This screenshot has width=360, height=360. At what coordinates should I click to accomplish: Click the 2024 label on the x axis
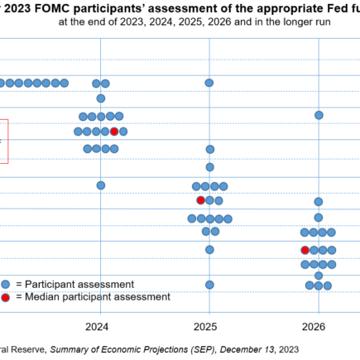[x=98, y=326]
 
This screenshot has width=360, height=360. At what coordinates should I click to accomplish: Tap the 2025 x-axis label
[x=207, y=326]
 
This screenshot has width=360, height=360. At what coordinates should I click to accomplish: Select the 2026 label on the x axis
[x=317, y=326]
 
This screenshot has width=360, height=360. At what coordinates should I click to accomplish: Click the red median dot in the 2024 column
[x=114, y=132]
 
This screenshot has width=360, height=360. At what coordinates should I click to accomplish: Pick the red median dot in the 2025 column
[x=200, y=200]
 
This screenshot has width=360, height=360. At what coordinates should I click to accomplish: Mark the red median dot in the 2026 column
[x=305, y=250]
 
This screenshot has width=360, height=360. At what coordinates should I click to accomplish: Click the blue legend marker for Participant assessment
[x=6, y=283]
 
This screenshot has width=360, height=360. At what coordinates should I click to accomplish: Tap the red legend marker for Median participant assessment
[x=6, y=296]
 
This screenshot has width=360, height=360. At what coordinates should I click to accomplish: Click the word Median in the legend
[x=46, y=296]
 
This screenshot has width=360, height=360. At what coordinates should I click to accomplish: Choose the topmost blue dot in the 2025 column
[x=209, y=83]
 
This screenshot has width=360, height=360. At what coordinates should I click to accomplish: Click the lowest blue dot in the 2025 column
[x=209, y=285]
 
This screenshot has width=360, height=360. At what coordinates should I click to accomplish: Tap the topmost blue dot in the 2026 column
[x=319, y=115]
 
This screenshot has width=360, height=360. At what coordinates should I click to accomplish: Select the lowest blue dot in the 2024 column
[x=101, y=185]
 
